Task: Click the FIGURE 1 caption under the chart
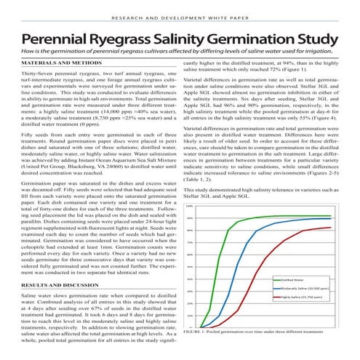point(265,351)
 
